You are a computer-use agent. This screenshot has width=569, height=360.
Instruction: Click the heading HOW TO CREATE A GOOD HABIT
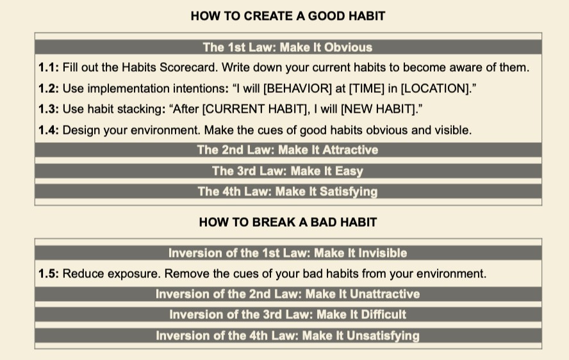point(288,16)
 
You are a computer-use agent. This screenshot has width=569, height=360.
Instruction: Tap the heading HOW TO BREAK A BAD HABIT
point(288,222)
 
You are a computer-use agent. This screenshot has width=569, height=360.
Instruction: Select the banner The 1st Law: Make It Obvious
point(288,47)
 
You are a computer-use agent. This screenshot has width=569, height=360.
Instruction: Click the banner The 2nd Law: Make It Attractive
point(288,150)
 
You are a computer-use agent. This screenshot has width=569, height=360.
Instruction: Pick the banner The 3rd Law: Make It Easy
point(288,170)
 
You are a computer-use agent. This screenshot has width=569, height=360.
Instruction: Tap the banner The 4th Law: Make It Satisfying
point(288,192)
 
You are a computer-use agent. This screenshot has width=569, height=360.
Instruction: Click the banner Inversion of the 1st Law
point(288,253)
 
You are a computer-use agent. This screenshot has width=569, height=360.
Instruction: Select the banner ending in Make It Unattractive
point(288,294)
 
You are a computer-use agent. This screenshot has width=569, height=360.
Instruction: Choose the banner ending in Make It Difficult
point(288,315)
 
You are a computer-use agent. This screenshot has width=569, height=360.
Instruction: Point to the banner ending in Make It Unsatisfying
point(288,335)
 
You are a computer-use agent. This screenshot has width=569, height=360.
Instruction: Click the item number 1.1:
point(49,67)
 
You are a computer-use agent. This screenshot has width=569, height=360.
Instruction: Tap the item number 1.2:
point(49,88)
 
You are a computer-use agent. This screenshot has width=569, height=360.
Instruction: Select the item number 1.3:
point(49,109)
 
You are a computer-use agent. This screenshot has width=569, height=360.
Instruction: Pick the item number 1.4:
point(49,130)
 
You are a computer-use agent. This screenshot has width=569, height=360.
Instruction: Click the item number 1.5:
point(49,274)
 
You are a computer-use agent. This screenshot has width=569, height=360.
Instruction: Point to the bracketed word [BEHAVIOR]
point(297,88)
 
